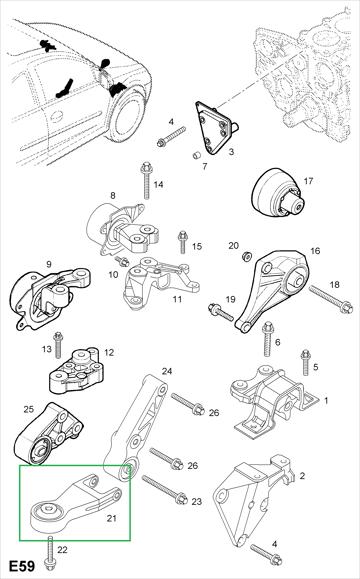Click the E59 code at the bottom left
pyautogui.click(x=22, y=566)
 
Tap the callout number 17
pyautogui.click(x=308, y=181)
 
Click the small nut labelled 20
pyautogui.click(x=247, y=255)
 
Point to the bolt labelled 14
pyautogui.click(x=146, y=180)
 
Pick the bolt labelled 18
pyautogui.click(x=331, y=299)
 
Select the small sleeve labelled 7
pyautogui.click(x=197, y=154)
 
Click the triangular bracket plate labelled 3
pyautogui.click(x=216, y=127)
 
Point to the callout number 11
pyautogui.click(x=177, y=299)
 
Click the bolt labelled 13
pyautogui.click(x=58, y=345)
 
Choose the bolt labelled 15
pyautogui.click(x=182, y=242)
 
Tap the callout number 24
pyautogui.click(x=167, y=371)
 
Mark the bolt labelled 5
pyautogui.click(x=305, y=362)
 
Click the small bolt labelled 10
pyautogui.click(x=121, y=261)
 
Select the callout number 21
pyautogui.click(x=112, y=518)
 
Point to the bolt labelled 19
pyautogui.click(x=220, y=312)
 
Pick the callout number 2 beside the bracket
pyautogui.click(x=302, y=476)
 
